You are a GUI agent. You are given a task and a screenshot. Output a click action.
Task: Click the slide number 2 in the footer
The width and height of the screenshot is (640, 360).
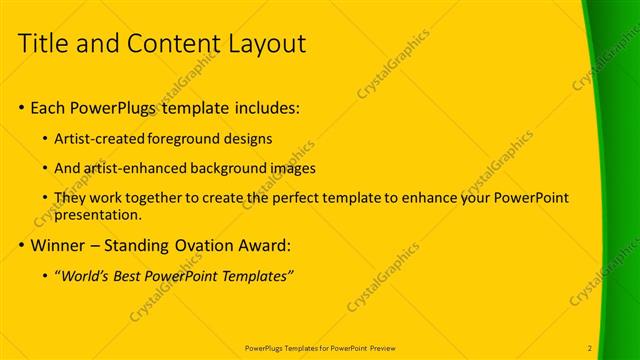pos(590,348)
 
